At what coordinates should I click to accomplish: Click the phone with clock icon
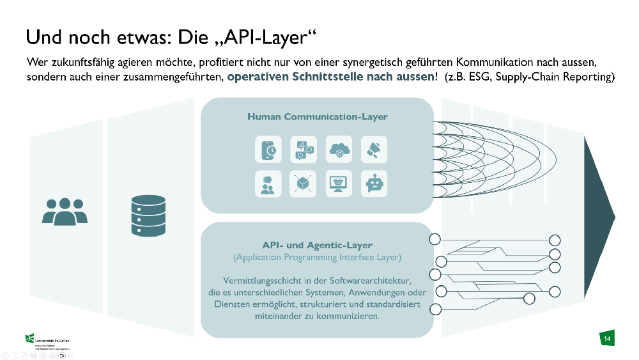268,149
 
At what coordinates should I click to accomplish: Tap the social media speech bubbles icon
303,149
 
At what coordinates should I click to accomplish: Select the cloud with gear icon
339,149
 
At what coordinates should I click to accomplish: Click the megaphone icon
374,149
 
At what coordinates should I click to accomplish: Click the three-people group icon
65,211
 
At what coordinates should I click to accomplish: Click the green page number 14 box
606,338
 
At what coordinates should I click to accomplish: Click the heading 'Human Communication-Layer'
317,117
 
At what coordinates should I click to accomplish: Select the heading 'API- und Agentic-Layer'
317,245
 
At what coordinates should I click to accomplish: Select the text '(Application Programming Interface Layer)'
317,257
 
